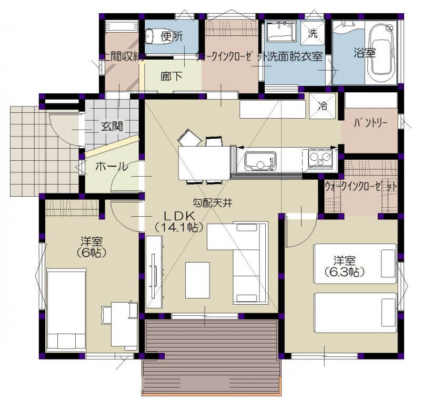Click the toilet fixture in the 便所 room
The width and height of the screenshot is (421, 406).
point(149,36)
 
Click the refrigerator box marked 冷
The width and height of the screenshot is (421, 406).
point(323,106)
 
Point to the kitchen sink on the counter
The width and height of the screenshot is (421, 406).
point(260,161)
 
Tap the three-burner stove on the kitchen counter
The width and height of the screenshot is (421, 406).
point(320,159)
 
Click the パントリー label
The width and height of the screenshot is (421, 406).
point(371,123)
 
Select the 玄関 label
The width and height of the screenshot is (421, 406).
point(112,126)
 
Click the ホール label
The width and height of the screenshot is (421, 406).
point(112,167)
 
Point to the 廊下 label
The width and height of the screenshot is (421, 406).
point(172,76)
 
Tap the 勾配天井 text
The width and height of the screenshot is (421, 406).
point(213,202)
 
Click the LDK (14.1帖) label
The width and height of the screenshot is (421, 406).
point(179,221)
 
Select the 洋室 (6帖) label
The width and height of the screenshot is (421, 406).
point(92,247)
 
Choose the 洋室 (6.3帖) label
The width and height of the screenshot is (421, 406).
point(345,266)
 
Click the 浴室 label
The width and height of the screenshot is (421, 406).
point(364,53)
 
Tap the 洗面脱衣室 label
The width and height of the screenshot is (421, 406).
point(295,57)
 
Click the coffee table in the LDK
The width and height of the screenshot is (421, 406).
point(197,280)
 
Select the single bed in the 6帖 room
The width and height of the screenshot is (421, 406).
point(66,310)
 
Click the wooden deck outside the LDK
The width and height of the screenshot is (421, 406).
point(212,357)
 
